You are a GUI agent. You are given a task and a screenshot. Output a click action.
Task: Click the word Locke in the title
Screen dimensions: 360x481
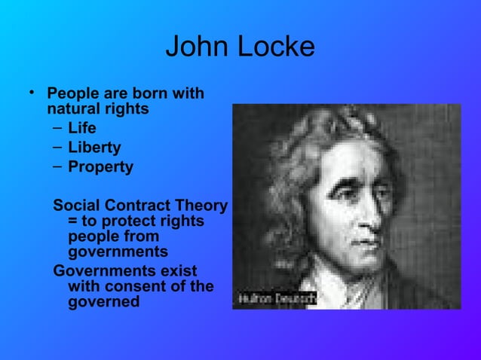coord(275,47)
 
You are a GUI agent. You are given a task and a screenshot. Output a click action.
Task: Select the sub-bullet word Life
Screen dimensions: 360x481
coord(82,128)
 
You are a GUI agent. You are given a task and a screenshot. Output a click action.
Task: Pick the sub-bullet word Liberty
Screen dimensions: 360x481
coord(94,148)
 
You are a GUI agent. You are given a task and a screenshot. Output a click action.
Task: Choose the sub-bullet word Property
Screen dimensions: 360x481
coord(100,167)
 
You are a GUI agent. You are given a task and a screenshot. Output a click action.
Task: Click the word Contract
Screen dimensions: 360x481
coord(138,206)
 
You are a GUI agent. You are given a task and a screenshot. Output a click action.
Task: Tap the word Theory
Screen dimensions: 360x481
coord(201,206)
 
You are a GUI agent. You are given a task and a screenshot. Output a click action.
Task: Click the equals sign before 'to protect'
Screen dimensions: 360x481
coord(73,221)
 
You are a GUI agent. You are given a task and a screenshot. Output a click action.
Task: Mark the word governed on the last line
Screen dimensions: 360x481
coord(103,302)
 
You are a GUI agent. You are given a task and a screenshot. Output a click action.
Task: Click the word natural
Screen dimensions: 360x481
coord(73,109)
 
